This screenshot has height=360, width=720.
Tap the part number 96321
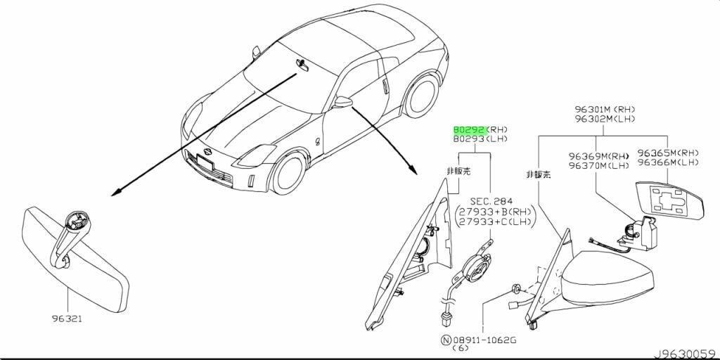pyautogui.click(x=67, y=319)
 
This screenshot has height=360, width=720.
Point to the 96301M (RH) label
pyautogui.click(x=605, y=110)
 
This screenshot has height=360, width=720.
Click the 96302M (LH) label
pyautogui.click(x=605, y=119)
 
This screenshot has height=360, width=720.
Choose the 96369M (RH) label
pyautogui.click(x=598, y=155)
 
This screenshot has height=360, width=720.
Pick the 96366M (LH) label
pyautogui.click(x=668, y=162)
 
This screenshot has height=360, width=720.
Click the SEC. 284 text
pyautogui.click(x=491, y=201)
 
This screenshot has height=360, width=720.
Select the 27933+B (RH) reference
pyautogui.click(x=494, y=212)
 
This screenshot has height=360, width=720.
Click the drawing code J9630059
pyautogui.click(x=686, y=354)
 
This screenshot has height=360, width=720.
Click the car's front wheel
pyautogui.click(x=288, y=173)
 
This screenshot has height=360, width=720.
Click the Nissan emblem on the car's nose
pyautogui.click(x=207, y=151)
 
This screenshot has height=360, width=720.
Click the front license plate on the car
pyautogui.click(x=205, y=162)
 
